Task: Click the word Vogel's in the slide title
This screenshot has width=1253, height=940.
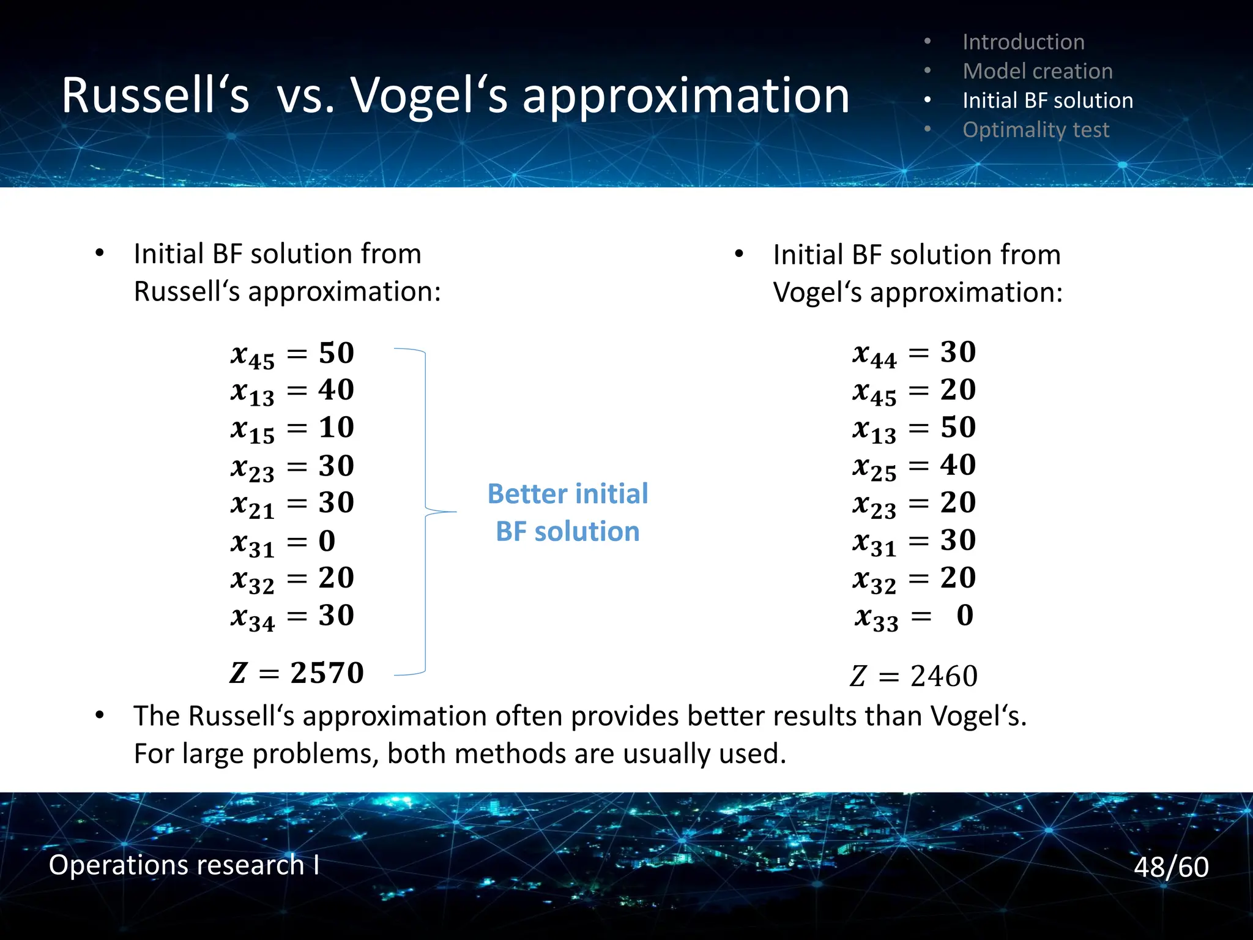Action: (428, 97)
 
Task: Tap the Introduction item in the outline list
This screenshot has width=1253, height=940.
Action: (1023, 42)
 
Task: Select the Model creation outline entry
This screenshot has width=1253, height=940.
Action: (1037, 71)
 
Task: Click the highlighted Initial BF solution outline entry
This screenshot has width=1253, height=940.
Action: (1047, 100)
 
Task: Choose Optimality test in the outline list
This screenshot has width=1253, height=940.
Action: (1035, 130)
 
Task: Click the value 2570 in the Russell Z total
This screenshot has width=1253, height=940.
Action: (327, 673)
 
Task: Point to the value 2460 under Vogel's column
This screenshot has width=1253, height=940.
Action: (943, 676)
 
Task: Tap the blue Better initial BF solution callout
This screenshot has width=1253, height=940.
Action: (567, 512)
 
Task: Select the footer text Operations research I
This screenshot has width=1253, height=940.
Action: (184, 865)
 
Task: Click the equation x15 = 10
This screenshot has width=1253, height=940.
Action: (292, 428)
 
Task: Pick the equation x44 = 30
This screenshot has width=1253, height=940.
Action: (914, 353)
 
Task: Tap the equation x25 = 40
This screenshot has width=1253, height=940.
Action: (914, 466)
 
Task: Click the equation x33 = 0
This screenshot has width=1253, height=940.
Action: (914, 616)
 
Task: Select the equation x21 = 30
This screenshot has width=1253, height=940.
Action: (292, 504)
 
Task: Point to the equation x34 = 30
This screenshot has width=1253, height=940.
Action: (292, 616)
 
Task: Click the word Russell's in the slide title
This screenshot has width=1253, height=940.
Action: (155, 97)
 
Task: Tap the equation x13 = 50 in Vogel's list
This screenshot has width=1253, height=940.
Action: (914, 428)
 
